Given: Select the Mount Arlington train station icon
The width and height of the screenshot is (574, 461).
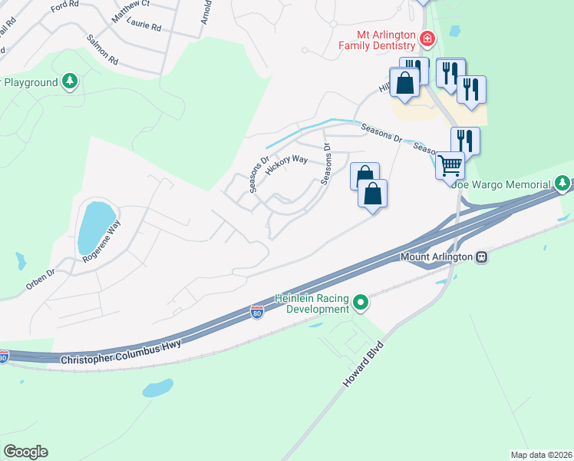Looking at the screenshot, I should pyautogui.click(x=482, y=257).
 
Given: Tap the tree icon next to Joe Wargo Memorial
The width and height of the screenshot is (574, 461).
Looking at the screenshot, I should pyautogui.click(x=562, y=184).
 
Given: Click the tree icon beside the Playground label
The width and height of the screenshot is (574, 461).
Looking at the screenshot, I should pyautogui.click(x=71, y=81).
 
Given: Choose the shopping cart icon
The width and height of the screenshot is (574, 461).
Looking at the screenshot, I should pyautogui.click(x=450, y=164).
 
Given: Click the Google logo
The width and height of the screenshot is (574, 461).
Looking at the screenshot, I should pyautogui.click(x=25, y=452).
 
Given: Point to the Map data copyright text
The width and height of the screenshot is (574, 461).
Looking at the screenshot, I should pyautogui.click(x=540, y=455).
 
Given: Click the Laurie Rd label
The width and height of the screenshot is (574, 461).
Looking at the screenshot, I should pyautogui.click(x=144, y=26).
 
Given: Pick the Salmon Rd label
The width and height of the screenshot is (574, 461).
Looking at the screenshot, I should pyautogui.click(x=103, y=48).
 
